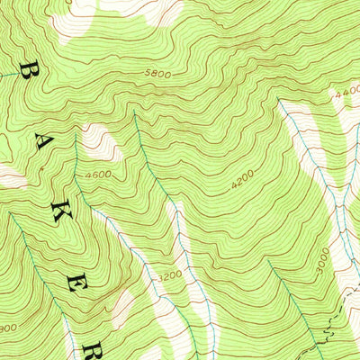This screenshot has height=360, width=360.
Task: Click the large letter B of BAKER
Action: pos(31,72)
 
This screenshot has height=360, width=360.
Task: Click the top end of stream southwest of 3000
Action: pos(270,263)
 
